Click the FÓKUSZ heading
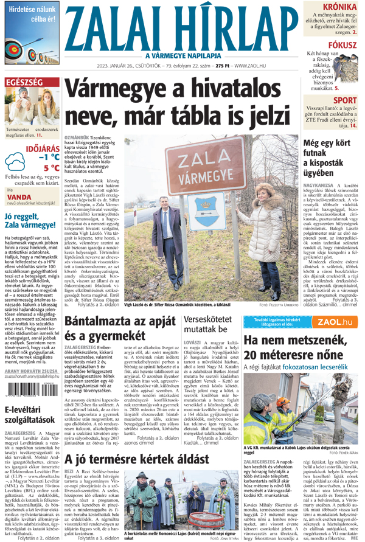coord(343,44)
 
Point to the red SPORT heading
coord(345,100)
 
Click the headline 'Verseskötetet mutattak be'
coord(210,327)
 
